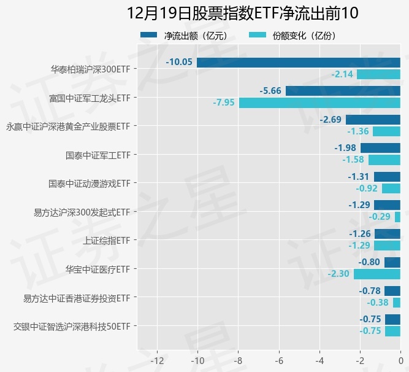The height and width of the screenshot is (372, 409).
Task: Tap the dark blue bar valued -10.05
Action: [x=299, y=62]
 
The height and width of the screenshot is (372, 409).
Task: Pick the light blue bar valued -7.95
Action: [x=319, y=103]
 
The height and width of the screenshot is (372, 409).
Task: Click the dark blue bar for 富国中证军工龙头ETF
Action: [x=343, y=91]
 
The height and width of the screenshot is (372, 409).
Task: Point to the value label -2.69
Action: [x=331, y=120]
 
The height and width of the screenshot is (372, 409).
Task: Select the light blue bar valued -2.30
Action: [x=377, y=274]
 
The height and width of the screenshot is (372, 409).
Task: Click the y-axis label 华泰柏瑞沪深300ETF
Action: [x=91, y=69]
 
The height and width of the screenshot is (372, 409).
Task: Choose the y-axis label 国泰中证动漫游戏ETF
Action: [x=90, y=183]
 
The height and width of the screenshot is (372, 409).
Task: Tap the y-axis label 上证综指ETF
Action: [x=107, y=240]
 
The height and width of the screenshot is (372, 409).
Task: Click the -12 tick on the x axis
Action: [x=158, y=359]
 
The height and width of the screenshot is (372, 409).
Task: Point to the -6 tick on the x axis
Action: [x=279, y=359]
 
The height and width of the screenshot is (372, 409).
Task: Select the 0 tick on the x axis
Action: [x=400, y=359]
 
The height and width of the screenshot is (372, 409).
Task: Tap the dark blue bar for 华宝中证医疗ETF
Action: [x=392, y=262]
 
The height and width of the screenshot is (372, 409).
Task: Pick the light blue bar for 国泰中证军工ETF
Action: [x=384, y=160]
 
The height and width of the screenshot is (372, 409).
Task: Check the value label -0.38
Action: [x=378, y=303]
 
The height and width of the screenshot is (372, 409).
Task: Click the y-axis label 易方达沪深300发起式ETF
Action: [x=82, y=212]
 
